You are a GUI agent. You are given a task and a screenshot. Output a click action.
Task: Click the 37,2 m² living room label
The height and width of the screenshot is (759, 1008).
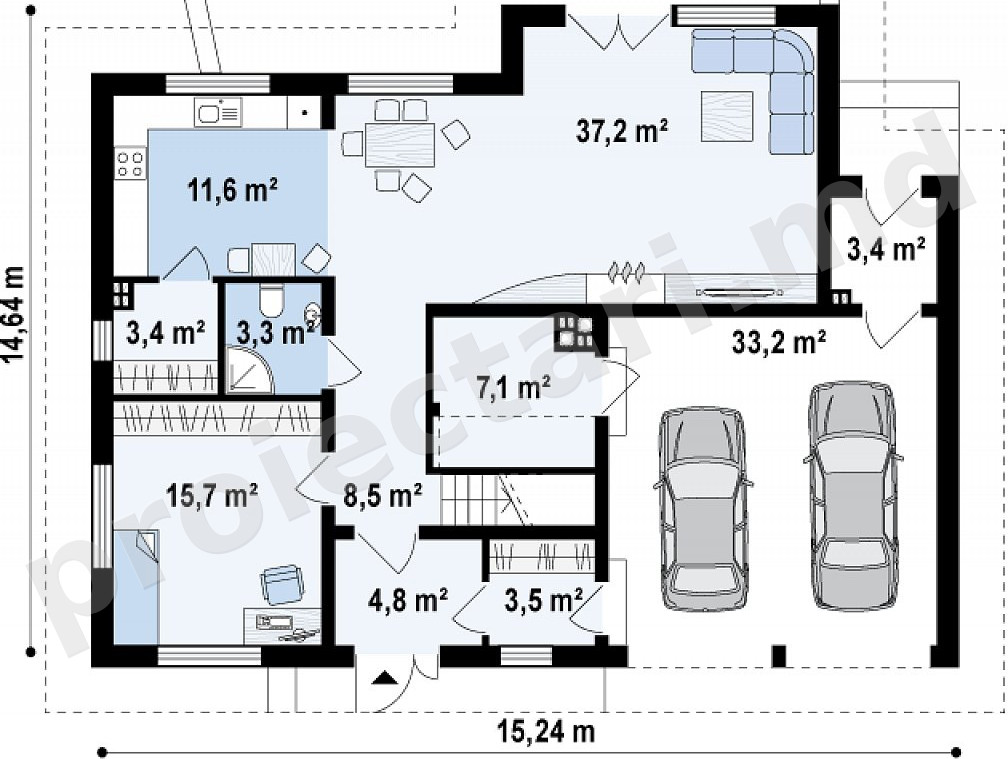[x=622, y=131]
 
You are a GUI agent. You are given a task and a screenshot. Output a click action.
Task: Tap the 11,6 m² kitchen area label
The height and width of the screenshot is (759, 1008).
[x=233, y=190]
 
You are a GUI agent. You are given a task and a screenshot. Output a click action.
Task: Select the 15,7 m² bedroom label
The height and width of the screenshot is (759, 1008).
[x=212, y=496]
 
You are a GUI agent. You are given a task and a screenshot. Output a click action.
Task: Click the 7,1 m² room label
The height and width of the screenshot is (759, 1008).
[x=513, y=389]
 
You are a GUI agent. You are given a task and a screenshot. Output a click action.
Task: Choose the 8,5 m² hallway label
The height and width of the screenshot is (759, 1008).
[x=382, y=496]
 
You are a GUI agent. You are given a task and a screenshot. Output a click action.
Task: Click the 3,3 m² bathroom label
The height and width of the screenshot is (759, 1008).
[x=275, y=333]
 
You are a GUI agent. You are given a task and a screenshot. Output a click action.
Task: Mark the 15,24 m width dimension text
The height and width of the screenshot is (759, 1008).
[x=546, y=731]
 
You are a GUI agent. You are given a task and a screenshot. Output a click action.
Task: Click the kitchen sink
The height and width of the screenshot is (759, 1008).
[x=217, y=112]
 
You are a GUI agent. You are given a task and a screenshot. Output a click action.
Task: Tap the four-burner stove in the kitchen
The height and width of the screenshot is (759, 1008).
[x=130, y=162]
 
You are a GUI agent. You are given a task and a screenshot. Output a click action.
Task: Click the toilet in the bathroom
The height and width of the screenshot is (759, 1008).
[x=271, y=301]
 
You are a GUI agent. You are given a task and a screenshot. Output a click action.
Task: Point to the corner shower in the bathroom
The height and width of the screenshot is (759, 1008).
[x=249, y=370]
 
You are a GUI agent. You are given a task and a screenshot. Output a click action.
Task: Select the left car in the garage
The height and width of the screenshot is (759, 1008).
[x=703, y=508]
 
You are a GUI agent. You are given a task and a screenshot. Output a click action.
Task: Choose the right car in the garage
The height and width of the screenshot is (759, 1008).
[x=852, y=495]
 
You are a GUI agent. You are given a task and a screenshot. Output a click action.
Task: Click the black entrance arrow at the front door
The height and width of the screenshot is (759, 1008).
[x=384, y=677]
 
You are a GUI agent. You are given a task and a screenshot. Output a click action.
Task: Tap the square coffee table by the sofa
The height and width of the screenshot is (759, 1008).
[x=727, y=116]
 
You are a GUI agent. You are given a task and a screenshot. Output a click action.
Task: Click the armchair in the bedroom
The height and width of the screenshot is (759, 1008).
[x=282, y=584]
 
